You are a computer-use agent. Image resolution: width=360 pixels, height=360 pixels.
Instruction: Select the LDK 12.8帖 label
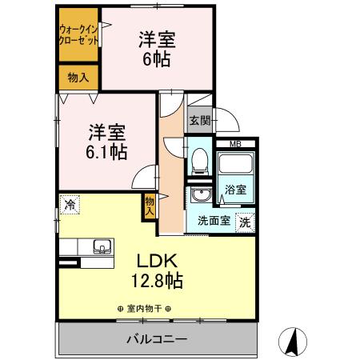tap(158, 270)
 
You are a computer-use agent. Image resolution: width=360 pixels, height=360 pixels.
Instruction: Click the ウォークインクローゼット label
tap(77, 35)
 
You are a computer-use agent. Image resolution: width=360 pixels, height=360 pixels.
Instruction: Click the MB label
tap(235, 144)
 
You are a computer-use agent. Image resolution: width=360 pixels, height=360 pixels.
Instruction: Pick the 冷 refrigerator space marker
tap(70, 205)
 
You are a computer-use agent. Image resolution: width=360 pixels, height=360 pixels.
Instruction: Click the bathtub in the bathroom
tap(235, 166)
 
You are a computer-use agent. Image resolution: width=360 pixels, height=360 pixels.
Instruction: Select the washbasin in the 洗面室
tap(198, 197)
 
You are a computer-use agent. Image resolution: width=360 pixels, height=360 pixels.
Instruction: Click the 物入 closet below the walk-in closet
tap(77, 78)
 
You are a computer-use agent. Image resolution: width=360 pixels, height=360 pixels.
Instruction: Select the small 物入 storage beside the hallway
tap(150, 206)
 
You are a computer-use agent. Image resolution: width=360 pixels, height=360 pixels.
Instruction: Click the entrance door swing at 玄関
tap(230, 122)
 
